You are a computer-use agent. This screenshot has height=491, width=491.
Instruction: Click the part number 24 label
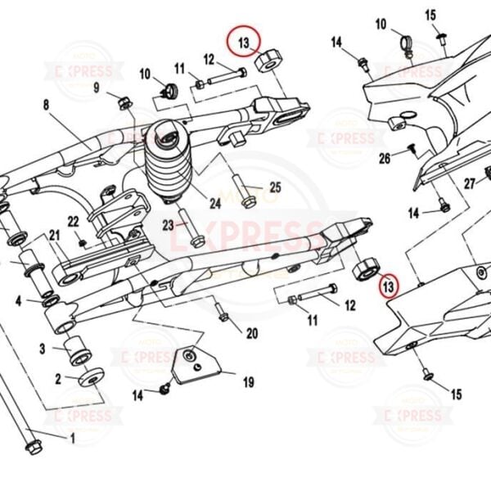[216, 204]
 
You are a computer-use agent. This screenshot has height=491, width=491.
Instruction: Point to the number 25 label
[275, 187]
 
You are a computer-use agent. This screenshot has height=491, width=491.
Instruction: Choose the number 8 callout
[46, 105]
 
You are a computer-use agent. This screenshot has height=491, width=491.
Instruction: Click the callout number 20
[251, 333]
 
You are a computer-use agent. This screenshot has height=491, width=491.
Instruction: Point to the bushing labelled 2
[89, 378]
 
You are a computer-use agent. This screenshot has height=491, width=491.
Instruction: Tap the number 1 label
[71, 439]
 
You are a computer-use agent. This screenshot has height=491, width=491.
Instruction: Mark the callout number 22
[73, 221]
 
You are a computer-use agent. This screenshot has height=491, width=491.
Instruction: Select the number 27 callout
[469, 183]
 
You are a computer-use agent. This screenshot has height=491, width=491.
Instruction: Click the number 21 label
[55, 236]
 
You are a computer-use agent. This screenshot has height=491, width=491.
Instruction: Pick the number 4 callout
[18, 302]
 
